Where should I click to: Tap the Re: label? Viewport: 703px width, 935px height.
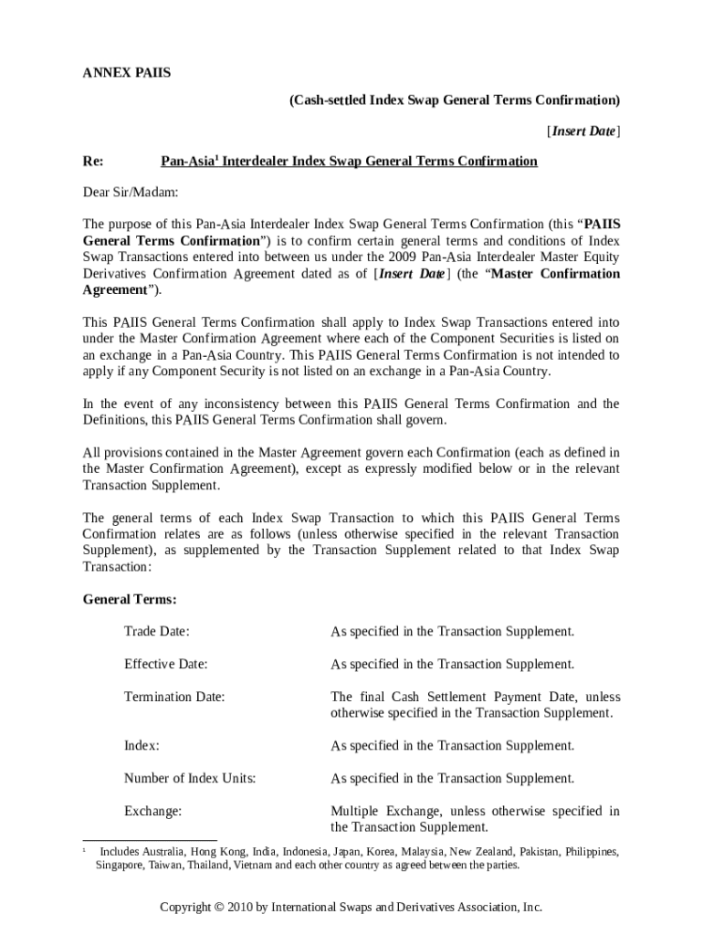[x=93, y=162]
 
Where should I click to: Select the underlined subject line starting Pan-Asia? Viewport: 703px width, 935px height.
[x=349, y=162]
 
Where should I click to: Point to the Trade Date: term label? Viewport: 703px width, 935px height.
[x=157, y=632]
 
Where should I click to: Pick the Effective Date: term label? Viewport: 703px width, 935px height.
[x=166, y=664]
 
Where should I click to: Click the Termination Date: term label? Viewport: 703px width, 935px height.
[x=174, y=697]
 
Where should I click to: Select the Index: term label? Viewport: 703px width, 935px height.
[x=142, y=746]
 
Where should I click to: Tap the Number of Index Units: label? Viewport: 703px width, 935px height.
[x=190, y=779]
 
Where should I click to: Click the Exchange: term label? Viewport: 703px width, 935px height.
[x=153, y=811]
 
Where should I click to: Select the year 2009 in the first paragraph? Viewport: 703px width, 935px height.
[x=403, y=257]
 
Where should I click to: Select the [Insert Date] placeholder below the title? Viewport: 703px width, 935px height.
[x=583, y=131]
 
